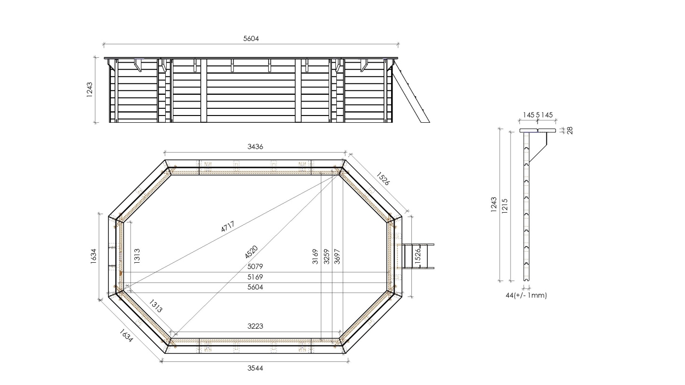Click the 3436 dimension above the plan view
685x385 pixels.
255,147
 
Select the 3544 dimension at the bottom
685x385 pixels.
255,368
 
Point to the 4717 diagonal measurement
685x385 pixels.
228,226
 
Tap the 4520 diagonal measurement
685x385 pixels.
251,252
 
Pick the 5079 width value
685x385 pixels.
255,267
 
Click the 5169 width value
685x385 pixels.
255,277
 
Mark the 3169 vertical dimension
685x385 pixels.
315,257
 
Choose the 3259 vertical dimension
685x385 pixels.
326,257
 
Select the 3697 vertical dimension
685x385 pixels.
337,257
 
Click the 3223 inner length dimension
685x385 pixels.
255,326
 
